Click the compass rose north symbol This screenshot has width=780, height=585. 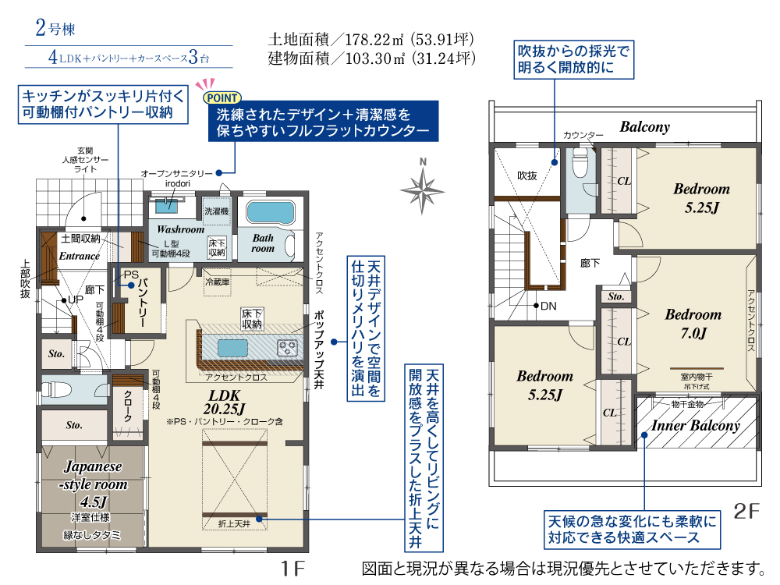[422, 187]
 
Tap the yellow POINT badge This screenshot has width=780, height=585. [222, 98]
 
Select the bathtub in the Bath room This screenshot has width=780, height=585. [271, 212]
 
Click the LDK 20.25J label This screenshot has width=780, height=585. [225, 402]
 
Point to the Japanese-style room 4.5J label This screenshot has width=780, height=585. [93, 484]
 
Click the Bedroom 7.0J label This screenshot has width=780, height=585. [693, 324]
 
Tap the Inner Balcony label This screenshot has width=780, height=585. [696, 425]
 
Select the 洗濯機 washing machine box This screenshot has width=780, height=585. [216, 211]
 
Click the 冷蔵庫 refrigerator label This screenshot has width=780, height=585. [218, 282]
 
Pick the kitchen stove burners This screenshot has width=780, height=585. [288, 347]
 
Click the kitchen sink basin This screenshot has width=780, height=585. [232, 348]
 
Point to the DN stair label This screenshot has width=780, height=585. [548, 306]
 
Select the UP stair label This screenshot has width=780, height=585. [76, 300]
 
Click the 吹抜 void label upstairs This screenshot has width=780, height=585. [527, 175]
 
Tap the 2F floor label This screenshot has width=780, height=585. [746, 511]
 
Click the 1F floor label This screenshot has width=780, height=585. [292, 568]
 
